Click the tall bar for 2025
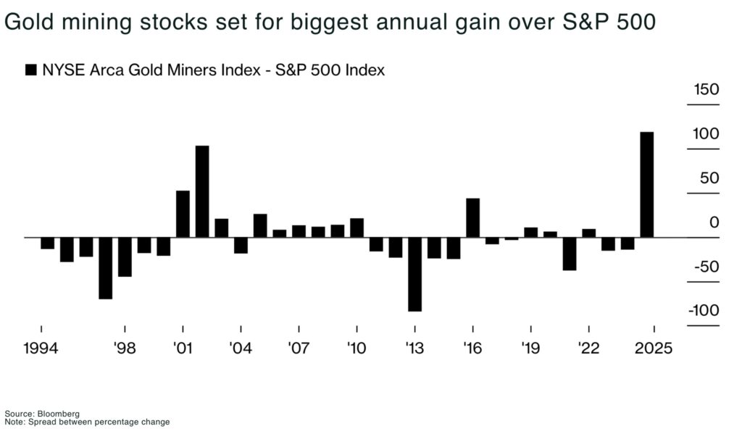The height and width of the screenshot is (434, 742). [646, 185]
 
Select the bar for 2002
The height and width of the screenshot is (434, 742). [202, 191]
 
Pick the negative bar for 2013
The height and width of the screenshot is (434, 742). [414, 274]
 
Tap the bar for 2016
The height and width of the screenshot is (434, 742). [472, 217]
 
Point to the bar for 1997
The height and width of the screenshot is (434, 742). [106, 268]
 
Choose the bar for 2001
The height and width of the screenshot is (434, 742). [183, 214]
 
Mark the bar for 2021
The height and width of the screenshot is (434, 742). [569, 254]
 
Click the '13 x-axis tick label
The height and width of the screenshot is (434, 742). [414, 348]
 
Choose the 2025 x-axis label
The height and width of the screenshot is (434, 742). [654, 348]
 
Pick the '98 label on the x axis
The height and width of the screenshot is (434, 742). [125, 348]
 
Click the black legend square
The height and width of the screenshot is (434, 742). [30, 70]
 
